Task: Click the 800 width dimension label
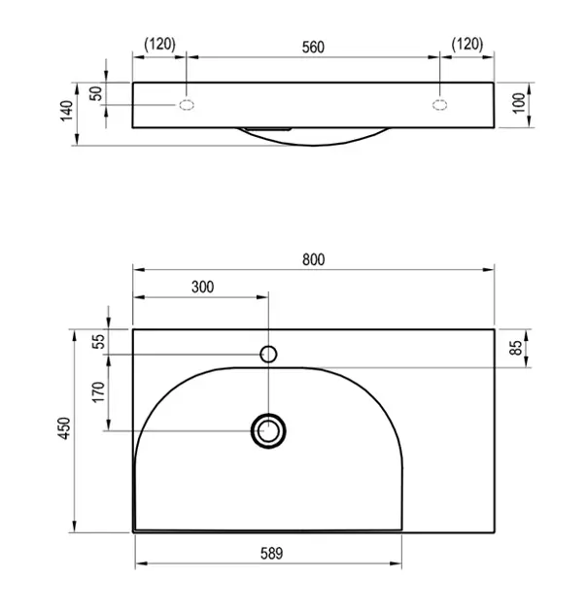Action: tap(313, 259)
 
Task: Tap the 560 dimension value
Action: tap(313, 48)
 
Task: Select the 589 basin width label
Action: tap(271, 553)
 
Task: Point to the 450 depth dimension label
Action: tap(64, 428)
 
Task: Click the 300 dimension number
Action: tap(203, 287)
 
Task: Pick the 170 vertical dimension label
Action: tap(98, 392)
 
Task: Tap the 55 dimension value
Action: tap(100, 342)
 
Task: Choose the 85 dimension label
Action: tap(516, 348)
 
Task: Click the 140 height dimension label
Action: tap(67, 111)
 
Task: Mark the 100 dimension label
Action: tap(519, 103)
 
